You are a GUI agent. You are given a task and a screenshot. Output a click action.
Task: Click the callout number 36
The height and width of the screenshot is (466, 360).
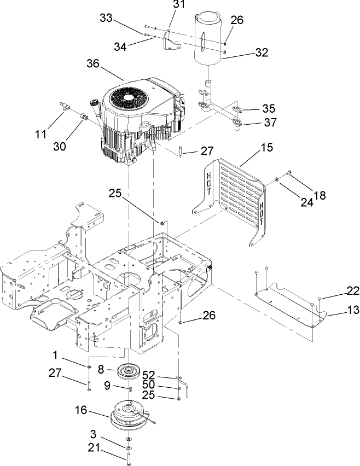94,63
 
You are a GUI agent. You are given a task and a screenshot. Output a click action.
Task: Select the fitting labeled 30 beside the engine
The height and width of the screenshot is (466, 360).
85,116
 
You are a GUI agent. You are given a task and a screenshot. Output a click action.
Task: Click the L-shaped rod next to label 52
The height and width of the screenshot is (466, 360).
187,386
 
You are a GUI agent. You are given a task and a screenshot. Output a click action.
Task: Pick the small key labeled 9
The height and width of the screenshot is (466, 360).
131,388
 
